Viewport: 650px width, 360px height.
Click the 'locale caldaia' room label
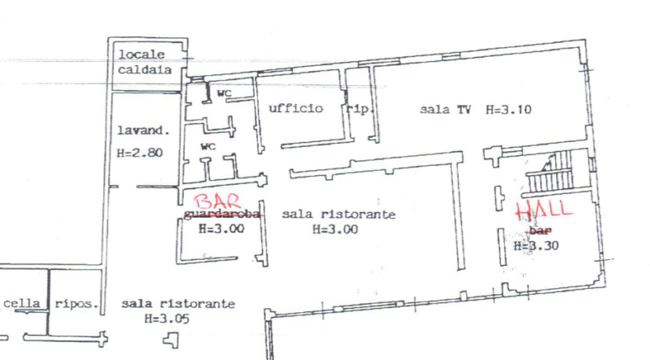click(x=142, y=62)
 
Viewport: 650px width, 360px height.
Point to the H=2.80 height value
click(x=139, y=153)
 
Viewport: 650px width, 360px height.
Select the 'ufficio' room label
click(x=295, y=108)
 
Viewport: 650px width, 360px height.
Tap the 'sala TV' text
click(x=445, y=110)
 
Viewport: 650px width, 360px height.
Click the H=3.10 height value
click(x=508, y=110)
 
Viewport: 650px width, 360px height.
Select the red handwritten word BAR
click(x=215, y=203)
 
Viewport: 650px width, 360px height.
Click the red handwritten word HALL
click(x=543, y=210)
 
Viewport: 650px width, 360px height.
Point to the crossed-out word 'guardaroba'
click(x=220, y=214)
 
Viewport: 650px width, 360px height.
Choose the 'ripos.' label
click(x=76, y=304)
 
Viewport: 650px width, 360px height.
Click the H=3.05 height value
click(x=167, y=319)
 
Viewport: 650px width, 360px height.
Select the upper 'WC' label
click(x=225, y=94)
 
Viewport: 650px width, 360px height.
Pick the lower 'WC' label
click(x=208, y=146)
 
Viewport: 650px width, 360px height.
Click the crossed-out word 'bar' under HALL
click(x=539, y=231)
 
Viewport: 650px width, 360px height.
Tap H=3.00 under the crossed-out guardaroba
click(x=222, y=229)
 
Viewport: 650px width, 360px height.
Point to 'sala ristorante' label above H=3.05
click(x=178, y=304)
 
